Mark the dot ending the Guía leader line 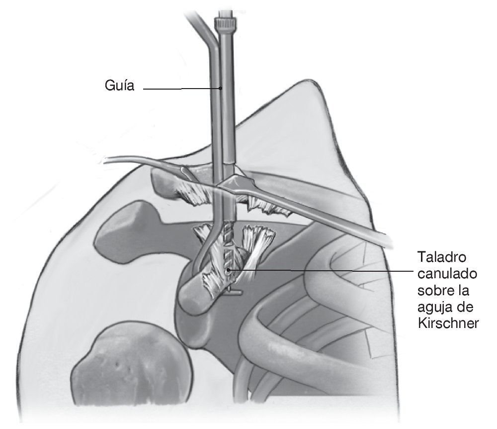[221, 89]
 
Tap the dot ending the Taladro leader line [228, 270]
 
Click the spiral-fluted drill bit [228, 249]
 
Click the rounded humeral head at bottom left [132, 368]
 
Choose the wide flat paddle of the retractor [239, 187]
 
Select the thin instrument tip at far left [110, 160]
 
